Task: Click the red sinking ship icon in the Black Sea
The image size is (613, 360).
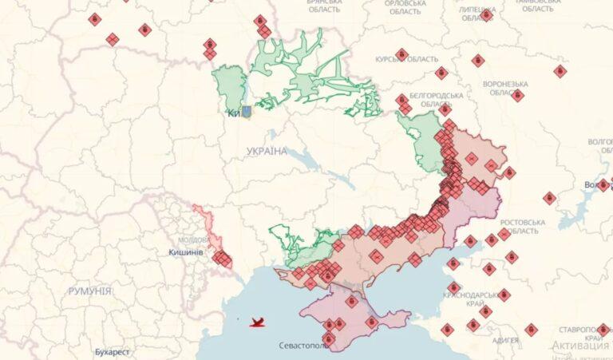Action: point(257,323)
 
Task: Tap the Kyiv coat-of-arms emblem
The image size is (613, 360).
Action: point(247,113)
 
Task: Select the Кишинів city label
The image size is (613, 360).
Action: point(186,252)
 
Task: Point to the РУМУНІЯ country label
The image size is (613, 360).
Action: point(89,291)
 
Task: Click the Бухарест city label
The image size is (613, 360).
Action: point(111,351)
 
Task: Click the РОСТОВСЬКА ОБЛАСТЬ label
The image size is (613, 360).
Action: point(523,226)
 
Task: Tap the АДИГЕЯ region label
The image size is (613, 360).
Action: point(504,340)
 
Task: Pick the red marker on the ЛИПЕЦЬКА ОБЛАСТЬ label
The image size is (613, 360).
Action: point(486,14)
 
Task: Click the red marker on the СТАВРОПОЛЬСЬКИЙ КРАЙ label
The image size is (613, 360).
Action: point(603,329)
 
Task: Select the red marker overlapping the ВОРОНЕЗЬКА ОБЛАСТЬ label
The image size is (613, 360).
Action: point(517,95)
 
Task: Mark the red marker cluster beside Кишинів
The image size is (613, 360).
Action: point(222,259)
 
